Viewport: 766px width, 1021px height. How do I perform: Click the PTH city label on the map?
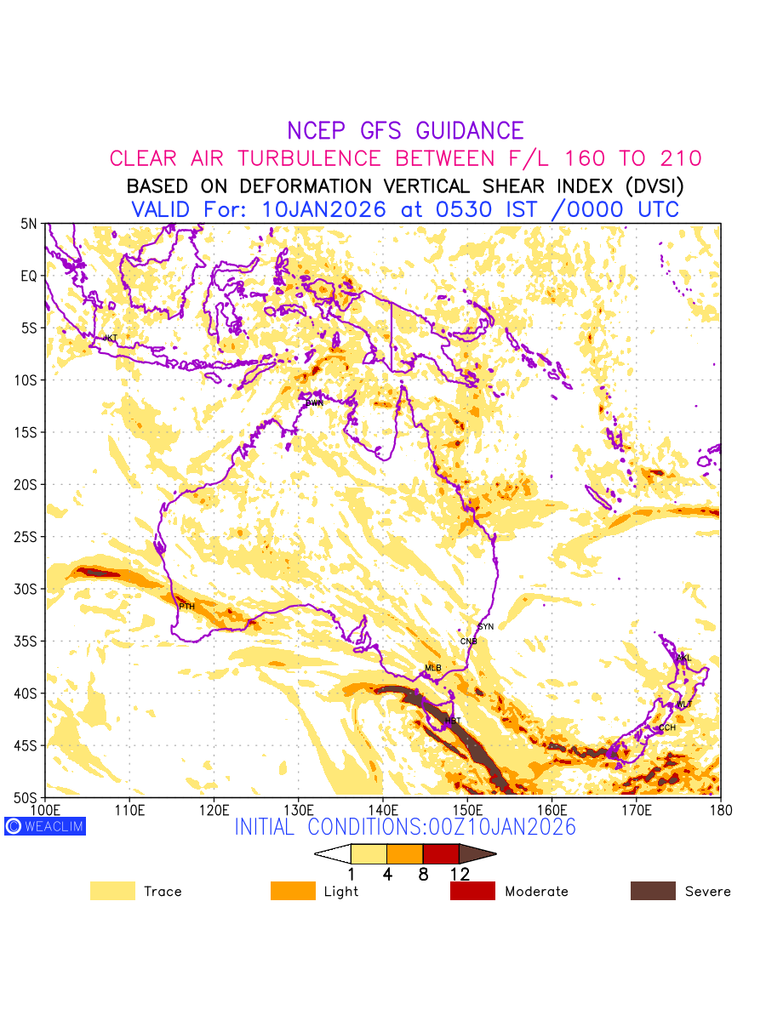pyautogui.click(x=186, y=607)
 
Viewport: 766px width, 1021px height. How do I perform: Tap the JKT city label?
pyautogui.click(x=111, y=338)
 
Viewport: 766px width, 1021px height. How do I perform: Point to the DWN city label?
pyautogui.click(x=315, y=402)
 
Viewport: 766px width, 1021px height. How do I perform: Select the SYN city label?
pyautogui.click(x=486, y=626)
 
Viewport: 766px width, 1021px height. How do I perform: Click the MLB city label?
pyautogui.click(x=433, y=668)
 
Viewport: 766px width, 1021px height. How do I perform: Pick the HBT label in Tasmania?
pyautogui.click(x=453, y=721)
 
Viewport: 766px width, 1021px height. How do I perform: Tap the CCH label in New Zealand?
pyautogui.click(x=667, y=727)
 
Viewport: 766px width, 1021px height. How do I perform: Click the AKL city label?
pyautogui.click(x=683, y=658)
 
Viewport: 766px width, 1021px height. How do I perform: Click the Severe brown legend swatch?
pyautogui.click(x=653, y=891)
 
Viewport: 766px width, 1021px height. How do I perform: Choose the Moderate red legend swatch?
pyautogui.click(x=472, y=891)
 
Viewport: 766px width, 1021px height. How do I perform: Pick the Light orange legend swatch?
pyautogui.click(x=293, y=891)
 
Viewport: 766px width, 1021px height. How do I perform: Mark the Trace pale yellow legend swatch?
pyautogui.click(x=112, y=891)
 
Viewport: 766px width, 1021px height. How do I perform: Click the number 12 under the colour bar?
pyautogui.click(x=460, y=874)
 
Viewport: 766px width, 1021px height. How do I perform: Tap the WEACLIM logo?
pyautogui.click(x=45, y=825)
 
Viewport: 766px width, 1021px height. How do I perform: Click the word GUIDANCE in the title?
pyautogui.click(x=469, y=131)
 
